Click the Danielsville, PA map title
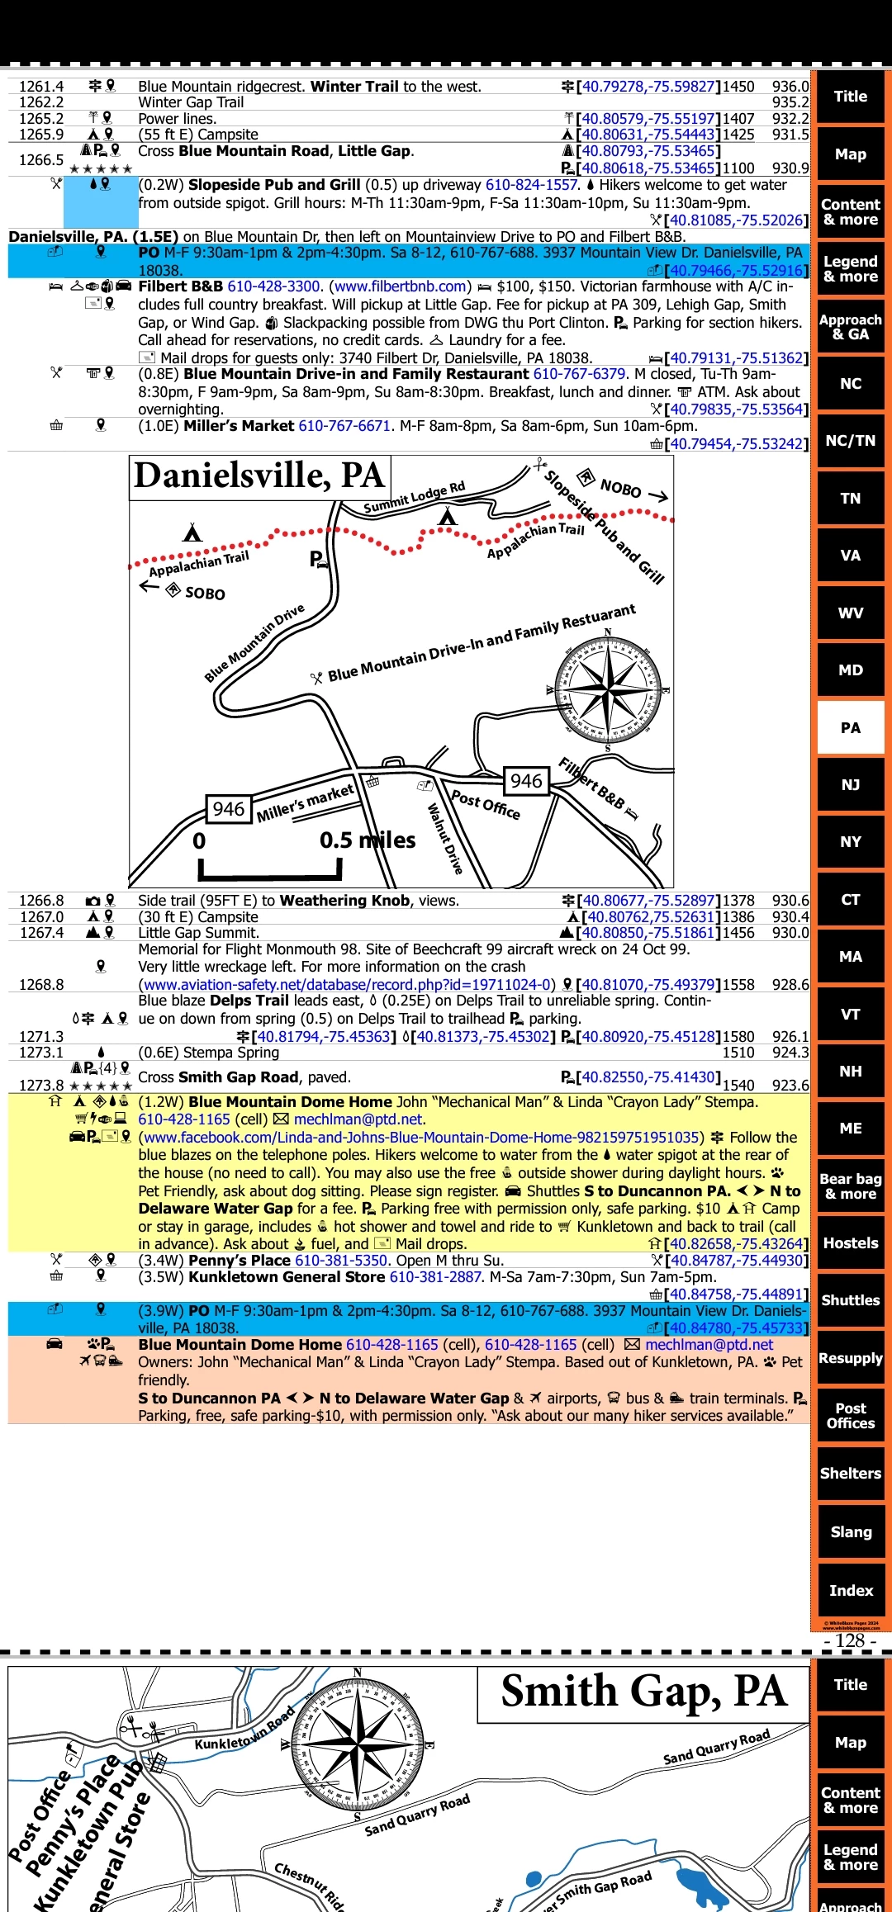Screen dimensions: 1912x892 coord(259,476)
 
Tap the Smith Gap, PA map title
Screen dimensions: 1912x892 coord(643,1692)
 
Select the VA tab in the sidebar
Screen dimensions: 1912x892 coord(850,556)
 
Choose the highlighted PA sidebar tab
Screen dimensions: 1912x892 coord(850,727)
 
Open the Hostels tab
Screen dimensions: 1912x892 coord(850,1243)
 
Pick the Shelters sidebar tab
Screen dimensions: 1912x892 coord(850,1474)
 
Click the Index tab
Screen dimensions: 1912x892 coord(850,1590)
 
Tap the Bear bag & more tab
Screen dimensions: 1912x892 coord(850,1186)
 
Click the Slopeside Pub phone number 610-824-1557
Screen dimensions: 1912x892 coord(532,185)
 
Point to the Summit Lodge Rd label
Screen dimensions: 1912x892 coord(414,497)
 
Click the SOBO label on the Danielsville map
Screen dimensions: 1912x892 coord(205,593)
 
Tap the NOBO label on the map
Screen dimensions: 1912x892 coord(620,489)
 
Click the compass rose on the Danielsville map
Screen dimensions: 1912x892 coord(608,686)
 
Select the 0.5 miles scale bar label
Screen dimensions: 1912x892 coord(368,840)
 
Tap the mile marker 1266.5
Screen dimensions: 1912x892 coord(41,159)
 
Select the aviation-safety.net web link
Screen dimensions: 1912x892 coord(347,984)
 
